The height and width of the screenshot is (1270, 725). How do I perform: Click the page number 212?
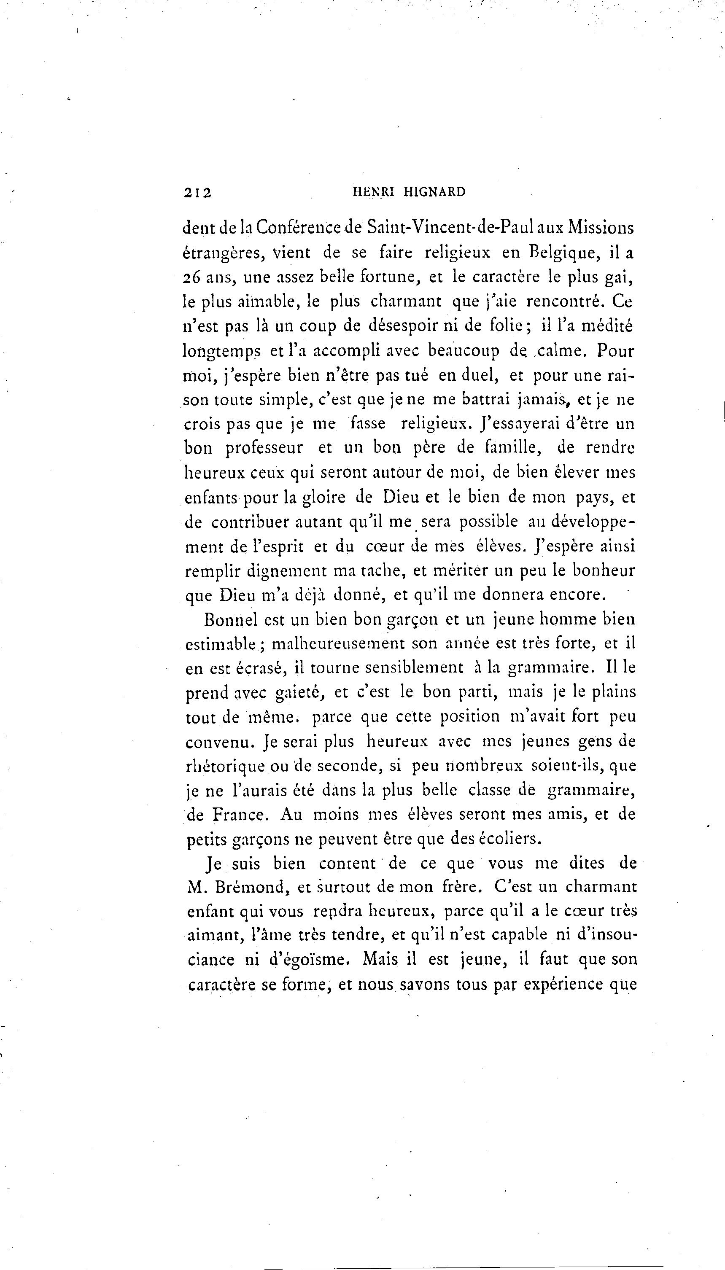point(198,193)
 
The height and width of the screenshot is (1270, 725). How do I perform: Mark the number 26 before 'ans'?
point(192,278)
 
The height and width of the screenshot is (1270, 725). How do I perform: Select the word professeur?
point(264,448)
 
